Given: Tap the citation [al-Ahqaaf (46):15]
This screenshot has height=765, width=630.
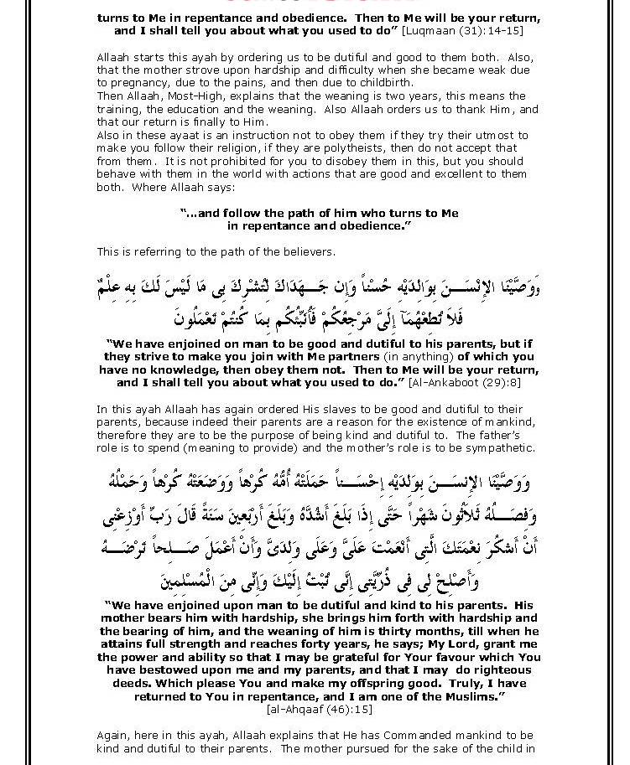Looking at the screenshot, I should [x=320, y=709].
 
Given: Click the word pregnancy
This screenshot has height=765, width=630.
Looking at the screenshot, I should [x=133, y=84].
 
